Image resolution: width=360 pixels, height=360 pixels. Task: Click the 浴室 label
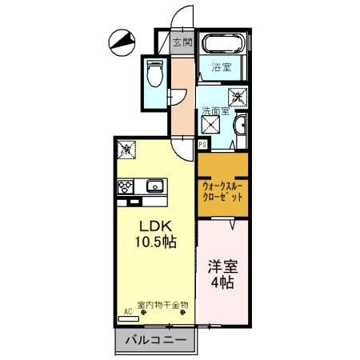(x=222, y=69)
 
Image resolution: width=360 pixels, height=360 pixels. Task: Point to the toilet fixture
(x=155, y=74)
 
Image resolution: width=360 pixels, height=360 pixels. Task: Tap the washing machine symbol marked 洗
(x=237, y=98)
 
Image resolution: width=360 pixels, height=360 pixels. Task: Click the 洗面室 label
(x=214, y=111)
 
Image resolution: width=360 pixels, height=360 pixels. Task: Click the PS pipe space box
(x=203, y=144)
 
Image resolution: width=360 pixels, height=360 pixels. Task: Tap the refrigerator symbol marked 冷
(x=126, y=149)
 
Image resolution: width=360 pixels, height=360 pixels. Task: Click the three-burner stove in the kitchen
(x=126, y=188)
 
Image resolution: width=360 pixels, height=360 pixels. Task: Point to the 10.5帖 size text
(x=154, y=242)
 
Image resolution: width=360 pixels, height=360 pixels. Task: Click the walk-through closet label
(x=223, y=190)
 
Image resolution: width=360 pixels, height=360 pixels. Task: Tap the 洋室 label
(x=222, y=266)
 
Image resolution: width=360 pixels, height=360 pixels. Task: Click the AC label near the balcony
(x=126, y=314)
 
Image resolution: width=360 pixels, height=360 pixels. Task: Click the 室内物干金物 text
(x=163, y=305)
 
